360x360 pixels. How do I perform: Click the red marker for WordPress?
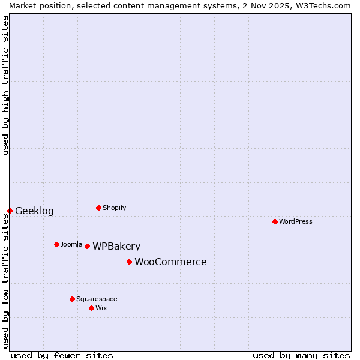275,221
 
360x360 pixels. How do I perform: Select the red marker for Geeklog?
10,211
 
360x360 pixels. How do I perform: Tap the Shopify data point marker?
98,208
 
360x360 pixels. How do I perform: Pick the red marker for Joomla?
56,244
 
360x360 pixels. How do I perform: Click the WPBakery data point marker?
87,246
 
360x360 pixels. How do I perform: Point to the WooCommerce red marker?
129,262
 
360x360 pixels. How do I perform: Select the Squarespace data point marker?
72,299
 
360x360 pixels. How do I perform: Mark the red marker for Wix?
91,308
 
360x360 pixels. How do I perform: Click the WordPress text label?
296,221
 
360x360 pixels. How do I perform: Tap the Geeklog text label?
34,211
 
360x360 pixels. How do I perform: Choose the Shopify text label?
114,208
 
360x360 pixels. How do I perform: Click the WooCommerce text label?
170,262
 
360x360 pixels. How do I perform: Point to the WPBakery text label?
116,246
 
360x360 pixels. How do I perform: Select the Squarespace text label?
97,299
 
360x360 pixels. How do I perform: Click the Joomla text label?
71,244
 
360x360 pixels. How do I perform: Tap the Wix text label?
101,308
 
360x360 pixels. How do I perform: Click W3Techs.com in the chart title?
321,5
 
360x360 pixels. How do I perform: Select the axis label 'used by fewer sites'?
62,355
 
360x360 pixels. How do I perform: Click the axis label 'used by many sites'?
301,355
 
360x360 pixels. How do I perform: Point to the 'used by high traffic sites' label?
5,85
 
